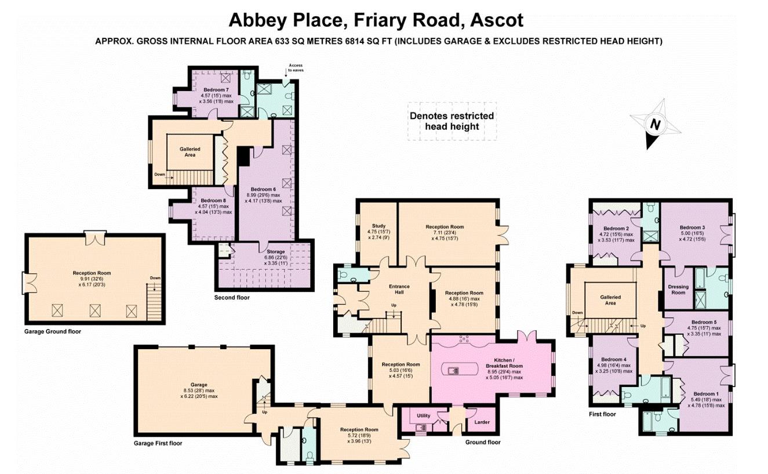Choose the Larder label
point(482,422)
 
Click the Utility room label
point(423,416)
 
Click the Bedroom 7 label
point(216,90)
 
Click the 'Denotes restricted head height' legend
point(452,121)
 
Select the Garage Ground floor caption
point(53,332)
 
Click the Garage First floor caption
point(158,443)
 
